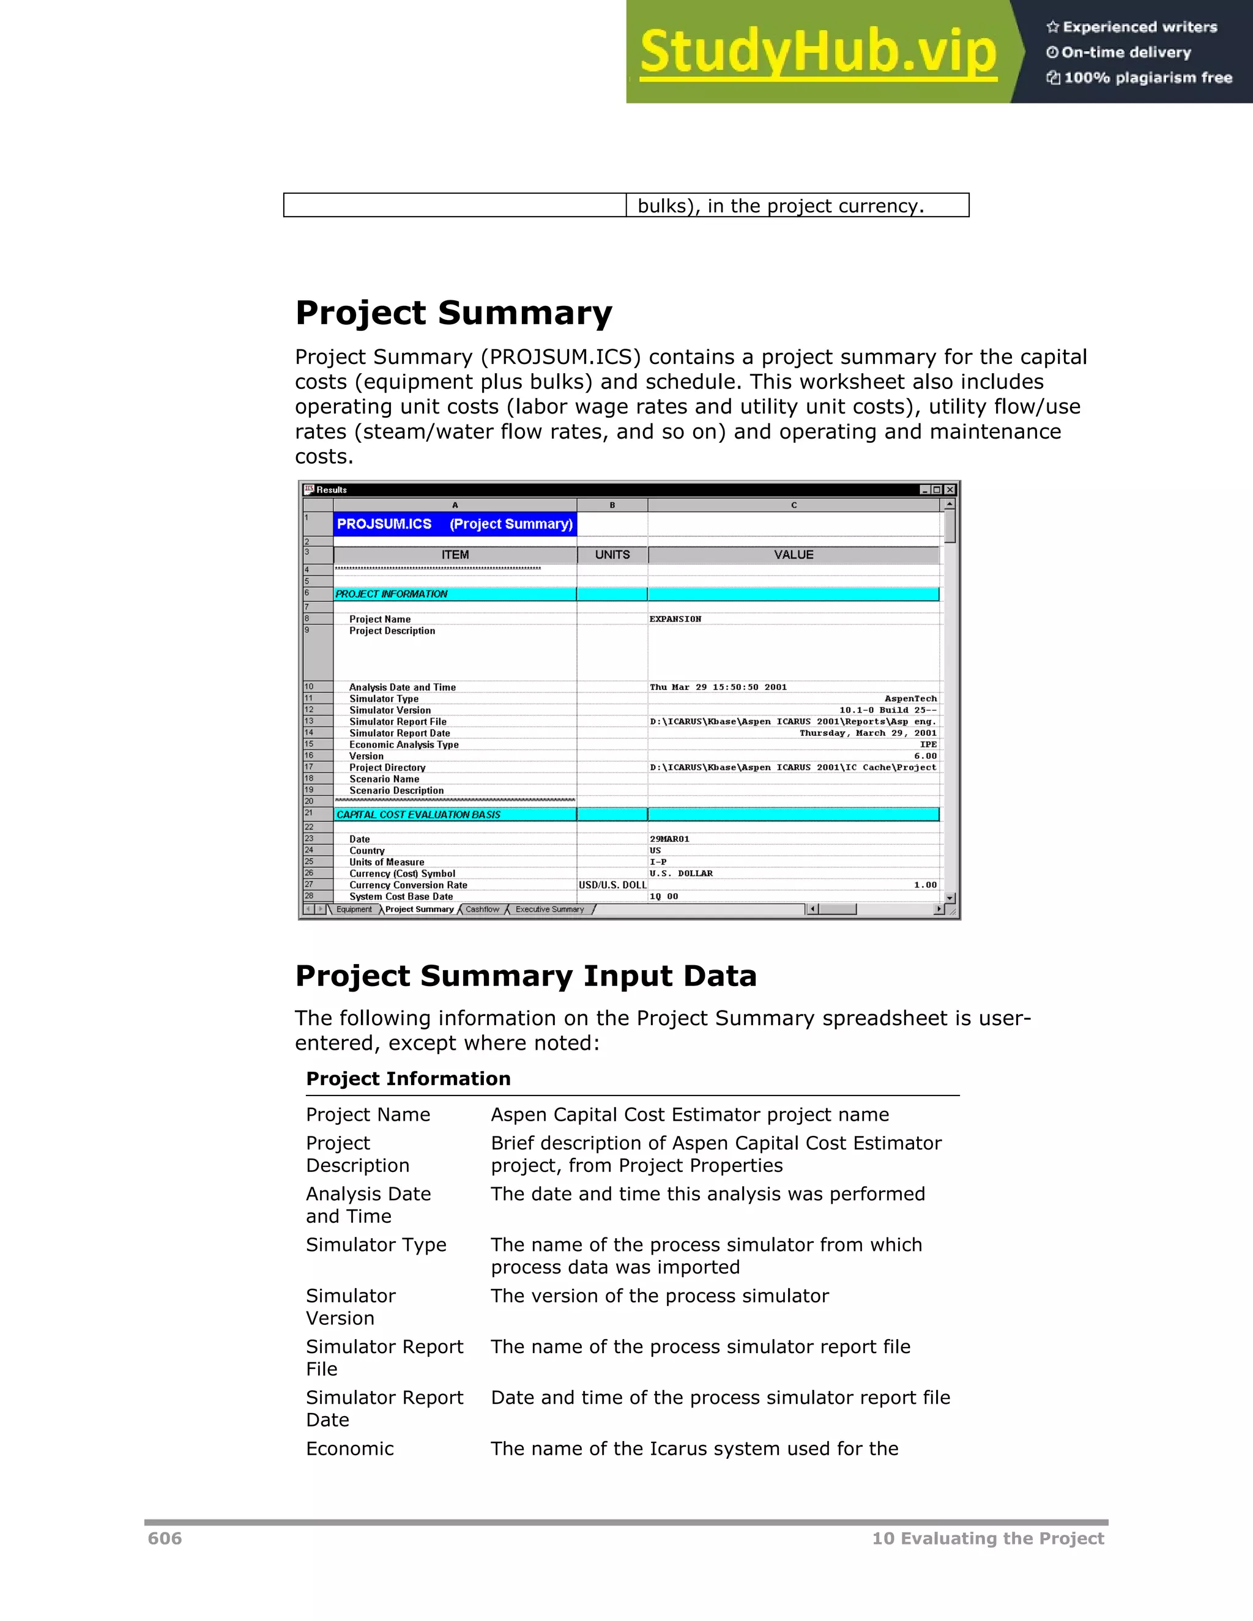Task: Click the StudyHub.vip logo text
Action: click(818, 52)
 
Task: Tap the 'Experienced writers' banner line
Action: click(1132, 28)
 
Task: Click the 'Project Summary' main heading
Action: click(453, 313)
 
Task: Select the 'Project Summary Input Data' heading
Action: click(526, 975)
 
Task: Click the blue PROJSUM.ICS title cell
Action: click(455, 524)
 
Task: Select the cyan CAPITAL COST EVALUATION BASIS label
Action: click(418, 815)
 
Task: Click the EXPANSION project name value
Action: click(675, 619)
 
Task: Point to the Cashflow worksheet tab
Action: click(483, 909)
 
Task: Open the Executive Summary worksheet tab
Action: click(549, 909)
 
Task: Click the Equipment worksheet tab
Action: click(354, 909)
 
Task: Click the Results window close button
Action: click(950, 490)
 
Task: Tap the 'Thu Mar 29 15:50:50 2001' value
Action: click(718, 688)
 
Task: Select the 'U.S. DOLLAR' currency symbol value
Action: click(681, 874)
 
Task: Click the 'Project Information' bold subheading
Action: click(408, 1078)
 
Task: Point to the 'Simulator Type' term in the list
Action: click(376, 1245)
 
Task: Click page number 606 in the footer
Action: click(165, 1538)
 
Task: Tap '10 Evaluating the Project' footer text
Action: click(987, 1538)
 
